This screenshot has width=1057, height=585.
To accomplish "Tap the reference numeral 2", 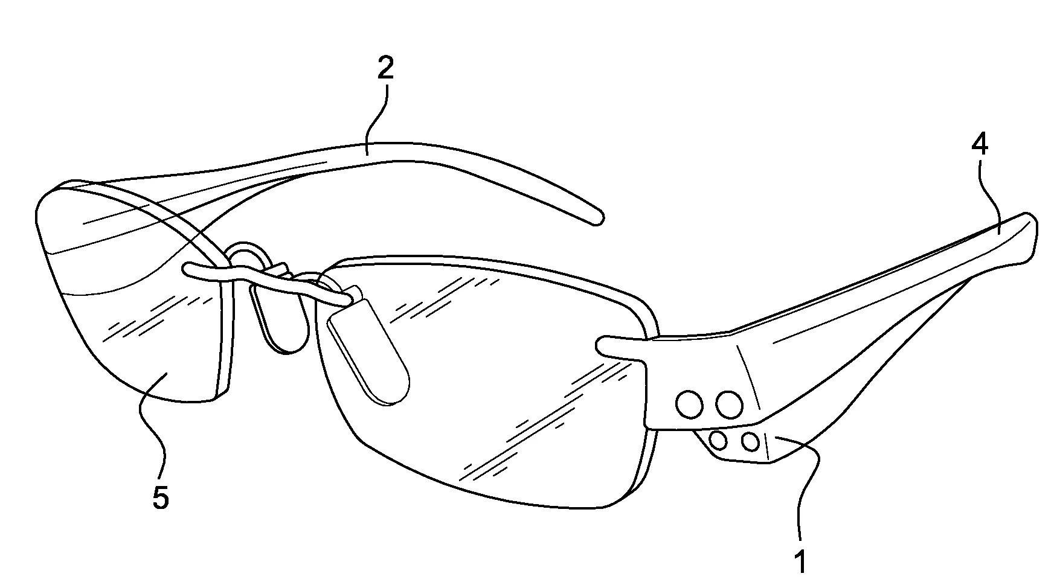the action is (x=385, y=69).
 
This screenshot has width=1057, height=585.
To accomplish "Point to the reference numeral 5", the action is (x=161, y=497).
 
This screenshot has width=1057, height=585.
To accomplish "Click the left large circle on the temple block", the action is (x=689, y=404).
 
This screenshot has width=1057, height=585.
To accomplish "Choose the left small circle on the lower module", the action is (x=719, y=440).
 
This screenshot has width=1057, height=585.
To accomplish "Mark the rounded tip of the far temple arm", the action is (x=597, y=218).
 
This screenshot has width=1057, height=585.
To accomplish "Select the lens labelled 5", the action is (x=133, y=290).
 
